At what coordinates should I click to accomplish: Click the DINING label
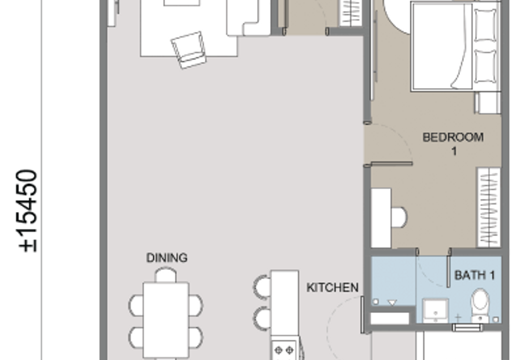pos(166,258)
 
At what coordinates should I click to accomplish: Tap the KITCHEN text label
pos(333,287)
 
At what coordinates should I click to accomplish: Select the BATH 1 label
pos(474,275)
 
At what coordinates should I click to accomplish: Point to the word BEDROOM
pos(453,137)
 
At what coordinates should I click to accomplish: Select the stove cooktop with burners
pos(284,351)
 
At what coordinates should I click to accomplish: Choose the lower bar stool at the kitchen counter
pos(262,317)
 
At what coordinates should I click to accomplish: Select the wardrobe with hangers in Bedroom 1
pos(488,207)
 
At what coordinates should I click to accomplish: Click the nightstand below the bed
pos(487,101)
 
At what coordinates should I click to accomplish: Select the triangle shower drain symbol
pos(392,303)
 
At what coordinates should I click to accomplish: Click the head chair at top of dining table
pos(166,275)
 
